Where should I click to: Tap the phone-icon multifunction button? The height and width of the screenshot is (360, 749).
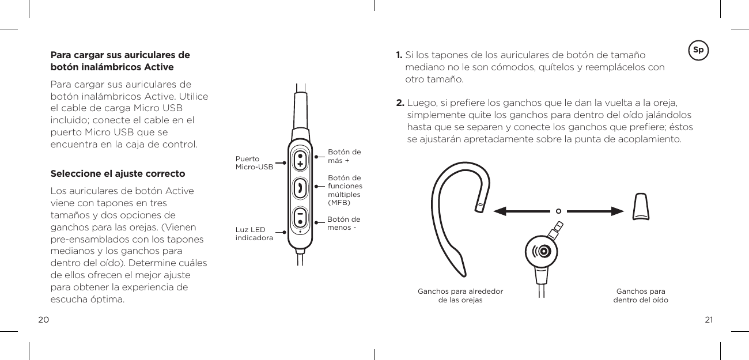tap(300, 188)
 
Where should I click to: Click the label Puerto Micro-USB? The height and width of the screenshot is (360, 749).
tap(254, 163)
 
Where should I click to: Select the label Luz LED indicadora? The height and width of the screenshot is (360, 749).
tap(254, 233)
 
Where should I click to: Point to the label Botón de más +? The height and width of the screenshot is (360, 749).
tap(344, 156)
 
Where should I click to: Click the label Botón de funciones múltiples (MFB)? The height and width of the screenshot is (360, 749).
tap(345, 190)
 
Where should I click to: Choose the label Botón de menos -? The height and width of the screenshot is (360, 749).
tap(343, 223)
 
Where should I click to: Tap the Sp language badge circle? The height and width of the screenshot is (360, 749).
tap(698, 50)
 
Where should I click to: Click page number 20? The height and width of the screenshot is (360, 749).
tap(43, 320)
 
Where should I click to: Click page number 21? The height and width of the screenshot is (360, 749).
tap(709, 320)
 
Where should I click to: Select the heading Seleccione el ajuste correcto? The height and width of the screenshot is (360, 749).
tap(118, 173)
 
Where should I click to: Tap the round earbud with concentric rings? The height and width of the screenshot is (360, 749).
tap(542, 252)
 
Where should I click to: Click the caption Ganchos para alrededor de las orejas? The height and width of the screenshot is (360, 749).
tap(460, 295)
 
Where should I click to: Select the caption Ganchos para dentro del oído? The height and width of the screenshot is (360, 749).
tap(641, 295)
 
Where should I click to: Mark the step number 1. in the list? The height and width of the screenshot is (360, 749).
tap(399, 55)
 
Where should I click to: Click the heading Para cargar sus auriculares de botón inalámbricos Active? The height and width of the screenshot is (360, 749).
tap(120, 62)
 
